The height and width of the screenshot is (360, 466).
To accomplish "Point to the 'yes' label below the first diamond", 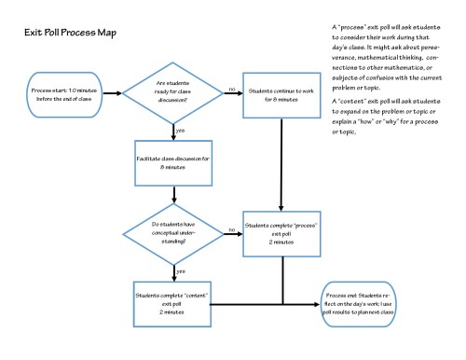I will click(179, 131).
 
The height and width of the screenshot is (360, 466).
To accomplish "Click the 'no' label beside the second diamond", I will click(230, 225).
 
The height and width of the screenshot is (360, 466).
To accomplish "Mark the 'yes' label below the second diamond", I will click(179, 270).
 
